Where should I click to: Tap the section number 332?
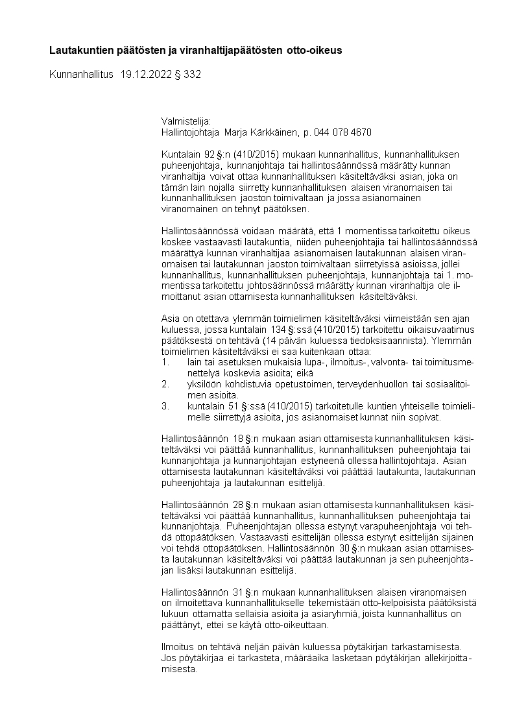pyautogui.click(x=193, y=75)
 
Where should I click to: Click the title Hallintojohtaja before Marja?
pyautogui.click(x=190, y=132)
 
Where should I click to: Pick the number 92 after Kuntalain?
pyautogui.click(x=209, y=154)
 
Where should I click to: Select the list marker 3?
pyautogui.click(x=165, y=406)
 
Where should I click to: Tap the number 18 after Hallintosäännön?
pyautogui.click(x=238, y=439)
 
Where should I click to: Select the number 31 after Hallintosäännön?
pyautogui.click(x=238, y=592)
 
